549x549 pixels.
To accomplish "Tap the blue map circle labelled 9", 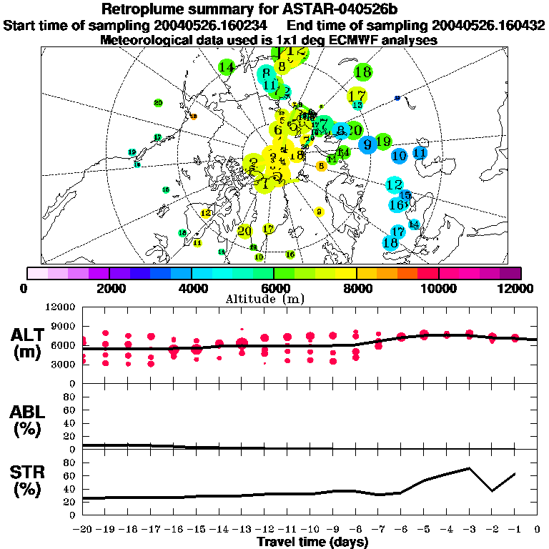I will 368,144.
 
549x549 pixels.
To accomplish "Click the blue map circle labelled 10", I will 400,155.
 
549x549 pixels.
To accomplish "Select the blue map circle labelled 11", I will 420,152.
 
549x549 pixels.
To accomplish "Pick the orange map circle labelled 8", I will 322,166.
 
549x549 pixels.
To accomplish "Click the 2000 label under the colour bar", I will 109,289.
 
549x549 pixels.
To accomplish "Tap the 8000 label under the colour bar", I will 357,289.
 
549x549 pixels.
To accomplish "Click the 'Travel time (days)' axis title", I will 312,543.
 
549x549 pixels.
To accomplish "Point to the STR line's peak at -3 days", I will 469,468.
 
